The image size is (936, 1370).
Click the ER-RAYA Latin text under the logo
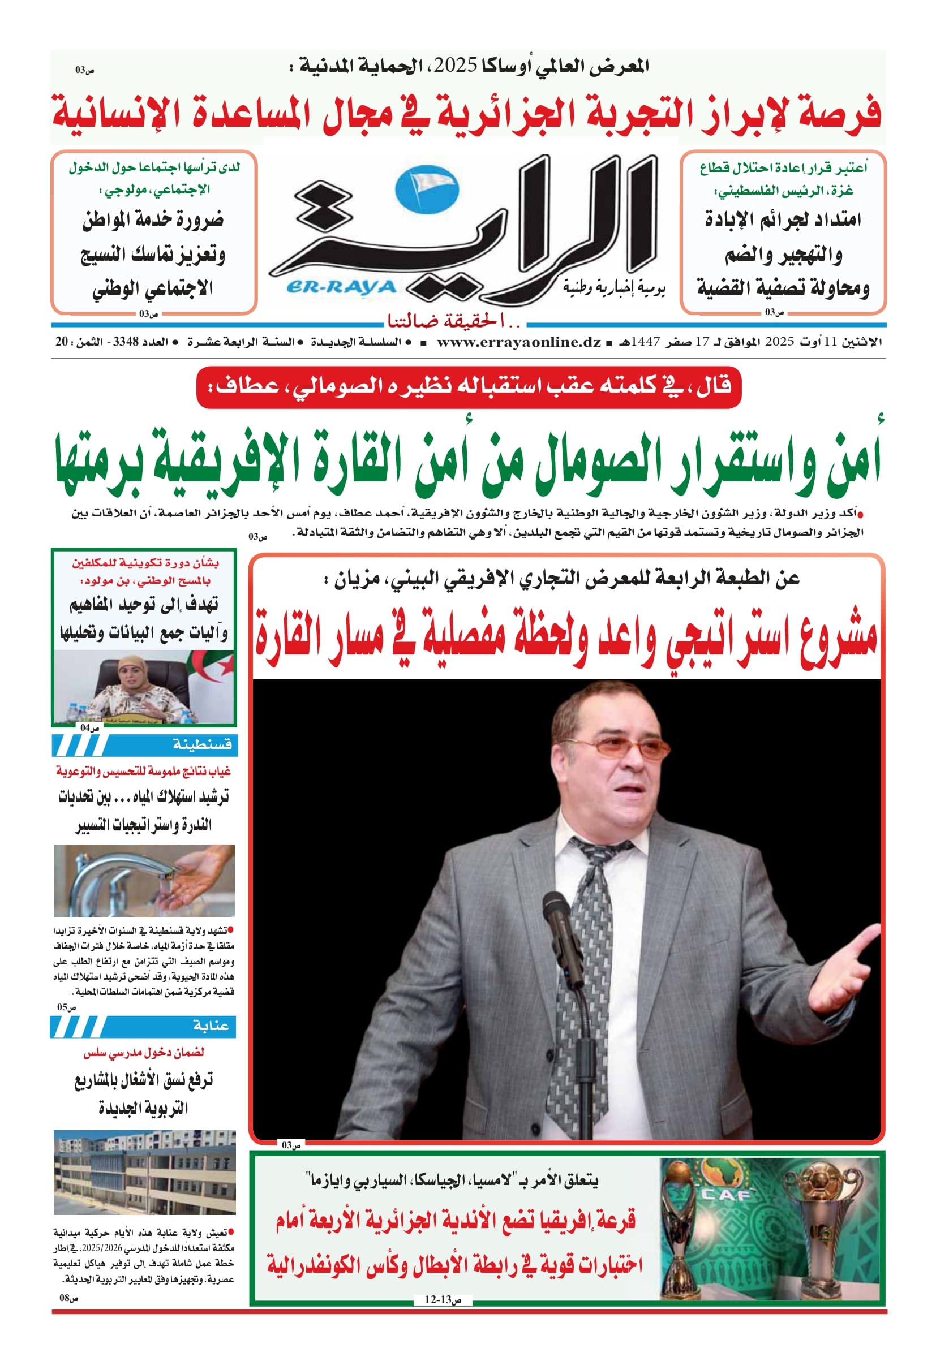[341, 287]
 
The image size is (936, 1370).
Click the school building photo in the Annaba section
[144, 1173]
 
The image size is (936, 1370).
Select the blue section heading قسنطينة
[201, 745]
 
